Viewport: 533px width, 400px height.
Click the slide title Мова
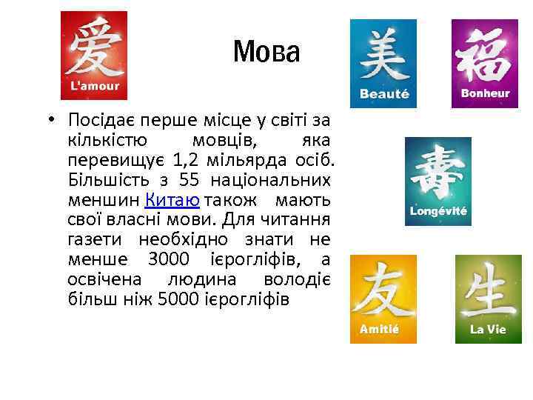[266, 52]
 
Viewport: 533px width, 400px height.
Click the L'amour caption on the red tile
[93, 87]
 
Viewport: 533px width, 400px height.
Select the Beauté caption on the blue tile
[383, 94]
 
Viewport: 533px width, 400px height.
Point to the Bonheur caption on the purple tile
[485, 93]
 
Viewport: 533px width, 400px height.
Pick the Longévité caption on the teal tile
[438, 211]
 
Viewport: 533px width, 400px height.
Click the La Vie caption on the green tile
[488, 329]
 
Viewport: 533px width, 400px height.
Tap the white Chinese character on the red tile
[94, 49]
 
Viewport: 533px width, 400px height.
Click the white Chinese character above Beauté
[383, 55]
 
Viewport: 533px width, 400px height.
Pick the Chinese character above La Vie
[489, 289]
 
